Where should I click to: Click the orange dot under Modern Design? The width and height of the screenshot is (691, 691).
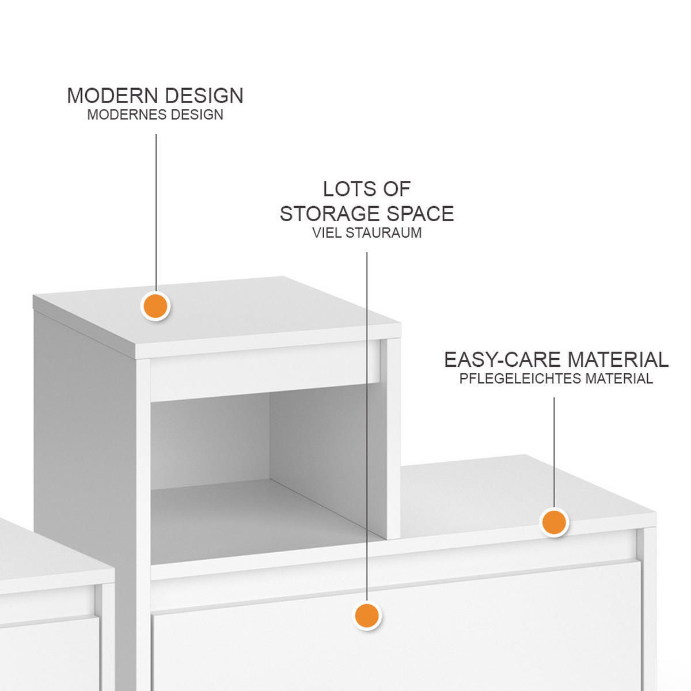[x=155, y=306]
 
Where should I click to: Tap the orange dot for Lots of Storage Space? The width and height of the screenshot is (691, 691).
[x=367, y=616]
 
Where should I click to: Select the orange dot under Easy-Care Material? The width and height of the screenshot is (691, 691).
[x=554, y=522]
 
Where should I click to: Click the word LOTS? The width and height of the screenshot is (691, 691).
[x=347, y=189]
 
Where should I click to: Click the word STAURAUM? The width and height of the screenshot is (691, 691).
[x=384, y=233]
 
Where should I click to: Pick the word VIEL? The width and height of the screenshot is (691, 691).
[x=327, y=233]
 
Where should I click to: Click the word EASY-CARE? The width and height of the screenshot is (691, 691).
[x=503, y=360]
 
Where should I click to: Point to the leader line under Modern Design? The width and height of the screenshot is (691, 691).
[x=156, y=212]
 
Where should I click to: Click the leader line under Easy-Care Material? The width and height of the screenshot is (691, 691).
[x=554, y=453]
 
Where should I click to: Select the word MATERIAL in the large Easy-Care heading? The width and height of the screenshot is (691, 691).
[x=618, y=360]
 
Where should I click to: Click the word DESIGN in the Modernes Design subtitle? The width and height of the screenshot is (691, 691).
[x=196, y=115]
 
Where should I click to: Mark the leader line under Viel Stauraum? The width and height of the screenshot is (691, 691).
[x=367, y=426]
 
